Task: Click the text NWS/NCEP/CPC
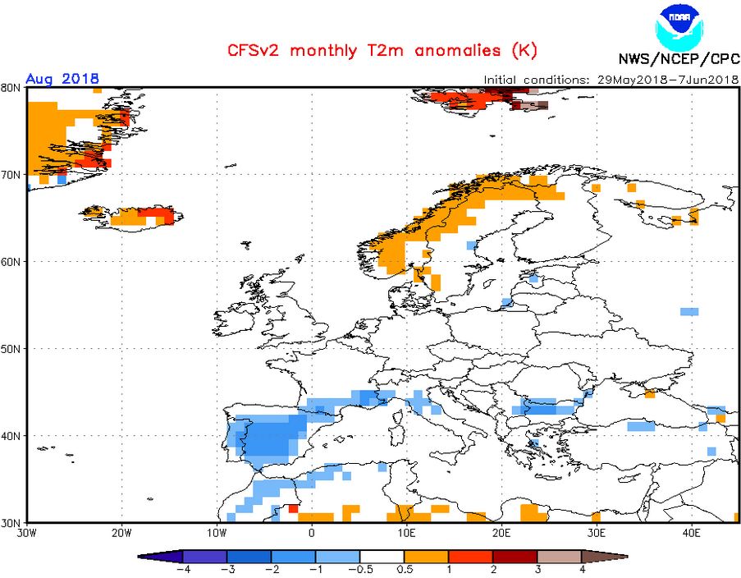(x=679, y=59)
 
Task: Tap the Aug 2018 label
(x=62, y=79)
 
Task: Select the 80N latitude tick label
(x=11, y=88)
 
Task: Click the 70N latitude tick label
(x=11, y=175)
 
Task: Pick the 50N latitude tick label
(x=11, y=348)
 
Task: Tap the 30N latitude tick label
(x=11, y=522)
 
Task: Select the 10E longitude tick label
(x=406, y=533)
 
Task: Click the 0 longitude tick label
(x=312, y=533)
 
